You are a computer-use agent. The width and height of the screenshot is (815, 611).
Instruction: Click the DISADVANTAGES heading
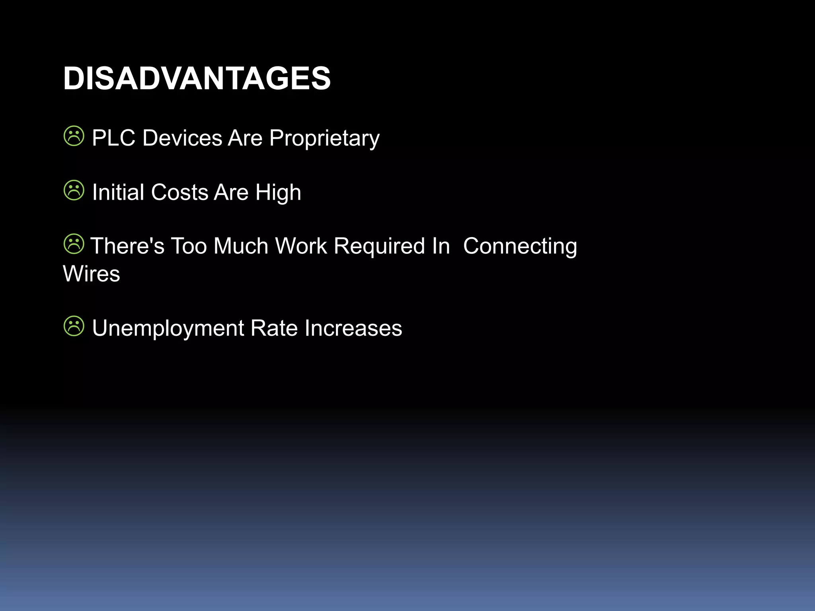tap(197, 78)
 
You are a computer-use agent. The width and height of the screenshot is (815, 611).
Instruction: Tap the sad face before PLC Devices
tap(74, 136)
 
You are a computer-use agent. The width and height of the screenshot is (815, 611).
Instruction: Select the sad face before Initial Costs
tap(74, 190)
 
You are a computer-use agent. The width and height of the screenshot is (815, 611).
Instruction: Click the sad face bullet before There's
tap(74, 244)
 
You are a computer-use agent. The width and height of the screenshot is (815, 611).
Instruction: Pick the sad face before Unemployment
tap(74, 326)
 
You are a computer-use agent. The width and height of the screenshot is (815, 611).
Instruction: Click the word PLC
tap(113, 138)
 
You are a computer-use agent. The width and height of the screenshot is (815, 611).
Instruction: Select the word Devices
tap(182, 138)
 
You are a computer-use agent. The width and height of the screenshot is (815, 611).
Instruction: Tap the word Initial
tap(118, 193)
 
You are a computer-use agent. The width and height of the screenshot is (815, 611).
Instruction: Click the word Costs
tap(179, 193)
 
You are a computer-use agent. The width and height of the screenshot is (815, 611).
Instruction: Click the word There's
tap(127, 246)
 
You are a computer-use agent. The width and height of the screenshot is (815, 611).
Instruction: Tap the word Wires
tap(91, 274)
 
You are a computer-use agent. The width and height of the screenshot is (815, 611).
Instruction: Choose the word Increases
tap(353, 328)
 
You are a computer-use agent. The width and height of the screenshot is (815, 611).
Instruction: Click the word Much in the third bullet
tap(240, 246)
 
